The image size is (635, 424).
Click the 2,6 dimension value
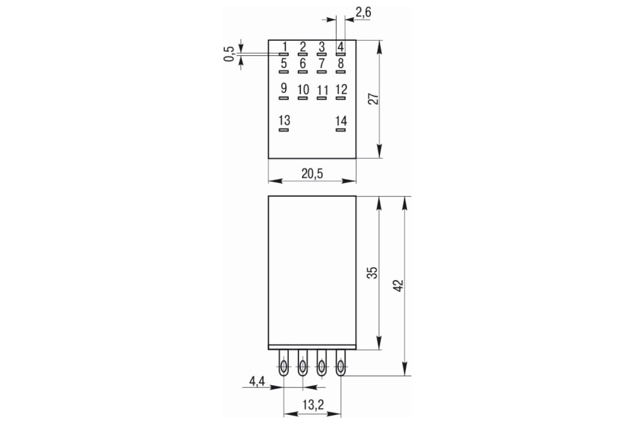(363, 13)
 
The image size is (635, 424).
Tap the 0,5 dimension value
(229, 54)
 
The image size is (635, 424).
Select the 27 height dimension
(373, 99)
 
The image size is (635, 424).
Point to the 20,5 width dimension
(312, 173)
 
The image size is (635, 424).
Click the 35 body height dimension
(373, 272)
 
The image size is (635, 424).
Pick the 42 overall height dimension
(398, 286)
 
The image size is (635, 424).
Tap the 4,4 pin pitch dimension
(257, 381)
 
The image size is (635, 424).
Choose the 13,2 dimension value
(313, 405)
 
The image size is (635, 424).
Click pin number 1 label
(285, 47)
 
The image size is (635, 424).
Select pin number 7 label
(322, 63)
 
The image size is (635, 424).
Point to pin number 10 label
(303, 90)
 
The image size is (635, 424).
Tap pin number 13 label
(284, 120)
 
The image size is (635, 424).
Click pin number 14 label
(341, 121)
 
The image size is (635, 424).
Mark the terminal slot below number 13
(284, 130)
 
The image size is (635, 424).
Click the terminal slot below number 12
(341, 98)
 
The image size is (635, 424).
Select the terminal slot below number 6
(303, 72)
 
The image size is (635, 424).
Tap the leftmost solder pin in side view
(284, 363)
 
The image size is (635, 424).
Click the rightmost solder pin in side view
(341, 363)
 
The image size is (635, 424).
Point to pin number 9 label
(284, 89)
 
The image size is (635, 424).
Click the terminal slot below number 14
(341, 130)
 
